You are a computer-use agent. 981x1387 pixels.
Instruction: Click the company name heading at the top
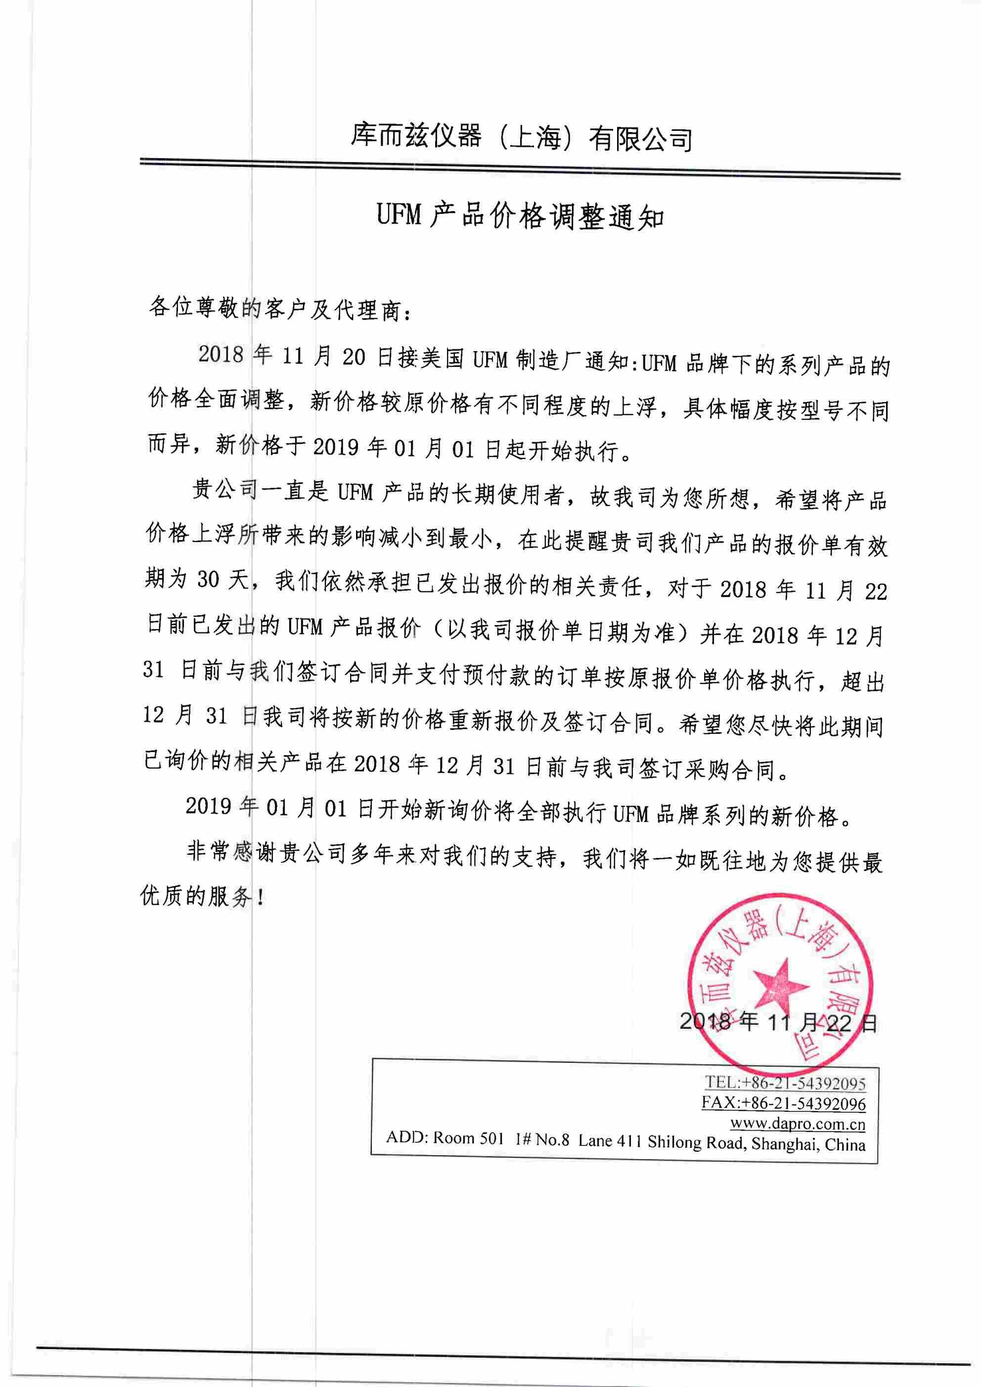coord(521,138)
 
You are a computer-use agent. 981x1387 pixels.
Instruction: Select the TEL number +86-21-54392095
coord(803,1083)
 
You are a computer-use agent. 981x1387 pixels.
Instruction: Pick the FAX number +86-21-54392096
coord(803,1103)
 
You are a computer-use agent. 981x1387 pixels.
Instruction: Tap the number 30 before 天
coord(208,580)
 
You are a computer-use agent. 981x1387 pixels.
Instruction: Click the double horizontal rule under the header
coord(520,168)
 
